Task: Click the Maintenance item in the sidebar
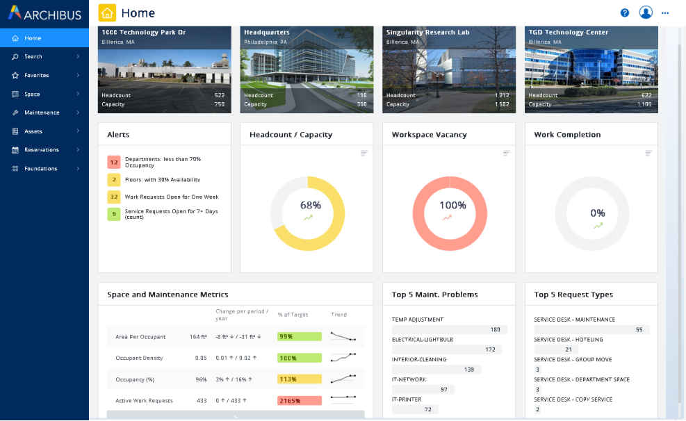point(42,113)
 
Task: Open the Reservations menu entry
point(42,150)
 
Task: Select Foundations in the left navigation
point(40,169)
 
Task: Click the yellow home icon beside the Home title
point(107,13)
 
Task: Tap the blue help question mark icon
point(625,13)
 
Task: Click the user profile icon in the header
point(646,13)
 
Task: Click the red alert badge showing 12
point(114,162)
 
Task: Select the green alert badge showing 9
point(114,214)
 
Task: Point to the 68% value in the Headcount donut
point(311,206)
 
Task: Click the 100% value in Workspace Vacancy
point(452,206)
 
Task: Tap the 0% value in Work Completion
point(597,213)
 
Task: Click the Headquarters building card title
point(267,33)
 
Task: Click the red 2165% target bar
point(299,401)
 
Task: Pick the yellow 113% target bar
point(299,379)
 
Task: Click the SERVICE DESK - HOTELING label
point(568,340)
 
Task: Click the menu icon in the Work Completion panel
point(648,153)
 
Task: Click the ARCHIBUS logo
point(44,14)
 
